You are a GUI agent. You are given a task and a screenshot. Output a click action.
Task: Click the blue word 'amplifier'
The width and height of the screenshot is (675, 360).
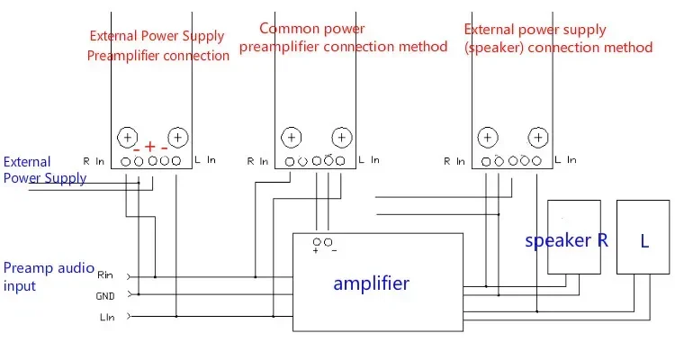coord(371,283)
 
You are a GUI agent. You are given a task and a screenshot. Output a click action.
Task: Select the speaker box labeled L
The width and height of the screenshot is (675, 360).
coord(644,240)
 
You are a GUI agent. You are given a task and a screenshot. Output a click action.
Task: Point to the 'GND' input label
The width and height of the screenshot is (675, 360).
coord(105,295)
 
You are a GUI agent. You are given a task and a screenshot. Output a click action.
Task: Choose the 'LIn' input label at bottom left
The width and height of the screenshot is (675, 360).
coord(105,316)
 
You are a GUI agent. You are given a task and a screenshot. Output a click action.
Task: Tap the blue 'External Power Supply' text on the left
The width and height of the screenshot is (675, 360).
coord(45,169)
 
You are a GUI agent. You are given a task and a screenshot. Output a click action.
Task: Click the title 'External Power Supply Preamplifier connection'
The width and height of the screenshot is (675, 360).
coord(158,46)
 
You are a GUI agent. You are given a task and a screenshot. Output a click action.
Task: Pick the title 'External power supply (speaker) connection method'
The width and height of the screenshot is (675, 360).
coord(558,39)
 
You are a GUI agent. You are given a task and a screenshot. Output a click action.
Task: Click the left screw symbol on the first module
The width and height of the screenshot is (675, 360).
coord(127,138)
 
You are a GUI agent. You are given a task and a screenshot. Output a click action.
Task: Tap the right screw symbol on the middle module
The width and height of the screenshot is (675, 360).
coord(340,138)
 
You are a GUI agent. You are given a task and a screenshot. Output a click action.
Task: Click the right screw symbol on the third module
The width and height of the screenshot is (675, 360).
coord(537,138)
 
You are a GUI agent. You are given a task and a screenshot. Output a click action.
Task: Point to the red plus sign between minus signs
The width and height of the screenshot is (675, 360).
coord(150,147)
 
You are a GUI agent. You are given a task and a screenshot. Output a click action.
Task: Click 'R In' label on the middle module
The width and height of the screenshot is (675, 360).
coord(257,161)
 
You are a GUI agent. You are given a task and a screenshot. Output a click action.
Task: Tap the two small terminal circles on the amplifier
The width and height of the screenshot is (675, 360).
coord(322,242)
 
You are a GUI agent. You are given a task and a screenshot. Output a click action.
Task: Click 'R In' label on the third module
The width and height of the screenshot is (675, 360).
coord(454,161)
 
